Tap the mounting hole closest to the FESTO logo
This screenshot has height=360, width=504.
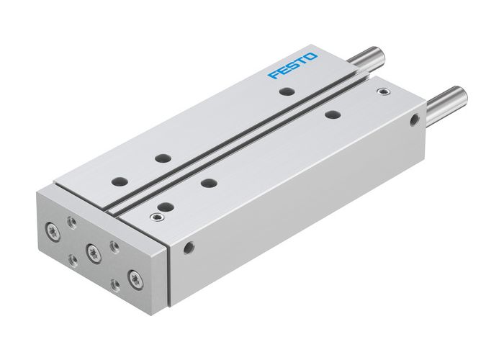click(287, 91)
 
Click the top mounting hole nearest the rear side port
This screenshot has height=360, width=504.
click(331, 114)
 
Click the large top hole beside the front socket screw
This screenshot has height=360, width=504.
click(165, 207)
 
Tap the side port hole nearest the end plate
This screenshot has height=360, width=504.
click(188, 248)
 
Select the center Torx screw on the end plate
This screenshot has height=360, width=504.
click(91, 251)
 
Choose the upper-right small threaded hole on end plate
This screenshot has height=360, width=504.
click(113, 245)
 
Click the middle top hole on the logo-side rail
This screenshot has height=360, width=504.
click(160, 157)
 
